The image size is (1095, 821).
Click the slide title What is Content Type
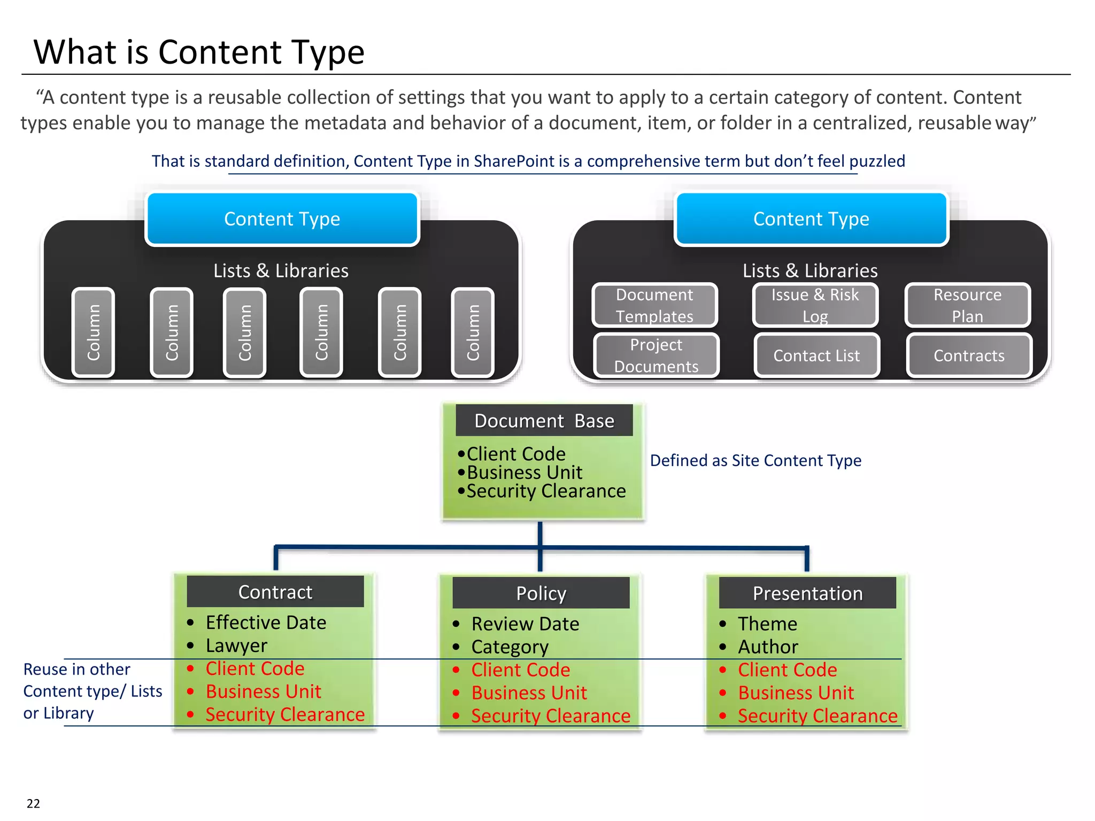199,52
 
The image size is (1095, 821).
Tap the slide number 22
33,803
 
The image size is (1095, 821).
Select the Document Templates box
654,305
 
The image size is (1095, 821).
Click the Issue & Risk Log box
815,305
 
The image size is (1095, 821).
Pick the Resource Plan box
967,305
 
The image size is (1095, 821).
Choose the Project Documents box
656,355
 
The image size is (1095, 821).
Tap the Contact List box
816,355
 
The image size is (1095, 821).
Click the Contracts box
969,355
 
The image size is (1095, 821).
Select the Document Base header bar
544,421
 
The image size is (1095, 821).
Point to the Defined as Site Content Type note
755,460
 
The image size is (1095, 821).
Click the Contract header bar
275,592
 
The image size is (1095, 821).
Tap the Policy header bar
541,593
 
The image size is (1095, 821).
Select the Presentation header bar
807,593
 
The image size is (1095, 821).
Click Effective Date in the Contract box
266,623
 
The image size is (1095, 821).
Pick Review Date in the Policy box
525,624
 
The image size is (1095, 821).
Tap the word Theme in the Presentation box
767,624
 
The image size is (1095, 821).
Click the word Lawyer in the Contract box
236,646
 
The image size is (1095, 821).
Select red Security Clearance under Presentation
818,716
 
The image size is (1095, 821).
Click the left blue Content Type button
282,219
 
